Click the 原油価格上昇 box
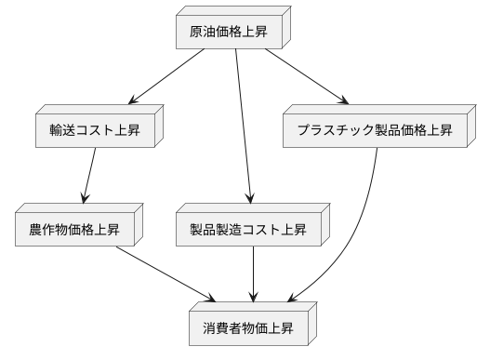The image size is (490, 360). (232, 33)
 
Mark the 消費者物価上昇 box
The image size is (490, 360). (254, 328)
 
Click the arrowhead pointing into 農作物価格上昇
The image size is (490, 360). (85, 199)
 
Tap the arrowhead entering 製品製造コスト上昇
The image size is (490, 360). (250, 199)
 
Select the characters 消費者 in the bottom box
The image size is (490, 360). (223, 328)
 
